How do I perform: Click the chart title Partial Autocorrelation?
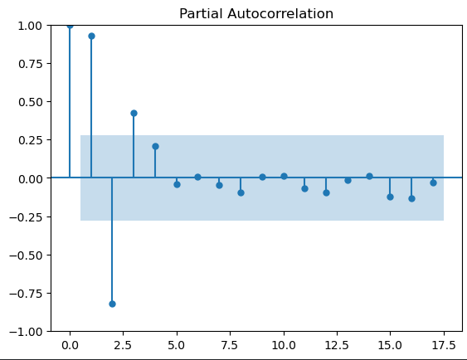(x=256, y=13)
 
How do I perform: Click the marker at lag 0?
(x=70, y=25)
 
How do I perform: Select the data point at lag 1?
(x=91, y=36)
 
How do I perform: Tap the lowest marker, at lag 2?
(x=112, y=304)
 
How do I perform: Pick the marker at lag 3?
(x=134, y=113)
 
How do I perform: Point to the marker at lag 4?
(x=155, y=146)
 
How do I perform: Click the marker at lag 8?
(x=241, y=192)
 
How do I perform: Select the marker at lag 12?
(x=326, y=192)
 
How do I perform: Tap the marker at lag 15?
(x=390, y=197)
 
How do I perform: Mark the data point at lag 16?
(x=411, y=198)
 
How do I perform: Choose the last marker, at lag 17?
(x=433, y=182)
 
